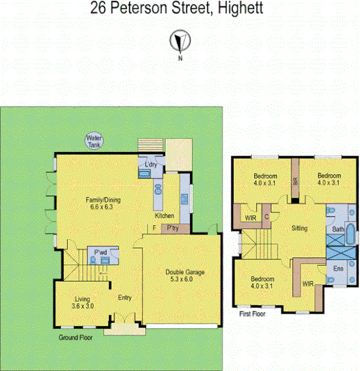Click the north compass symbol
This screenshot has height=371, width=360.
click(179, 42)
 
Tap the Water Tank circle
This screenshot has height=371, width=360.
click(95, 141)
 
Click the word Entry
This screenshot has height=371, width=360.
click(124, 297)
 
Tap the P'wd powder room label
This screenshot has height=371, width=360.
click(99, 252)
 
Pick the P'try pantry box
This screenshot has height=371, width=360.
click(171, 228)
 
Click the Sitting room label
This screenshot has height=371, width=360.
click(299, 228)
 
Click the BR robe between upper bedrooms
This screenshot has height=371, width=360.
click(295, 181)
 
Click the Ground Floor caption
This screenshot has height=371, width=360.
click(76, 337)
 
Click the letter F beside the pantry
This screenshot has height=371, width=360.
click(154, 228)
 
